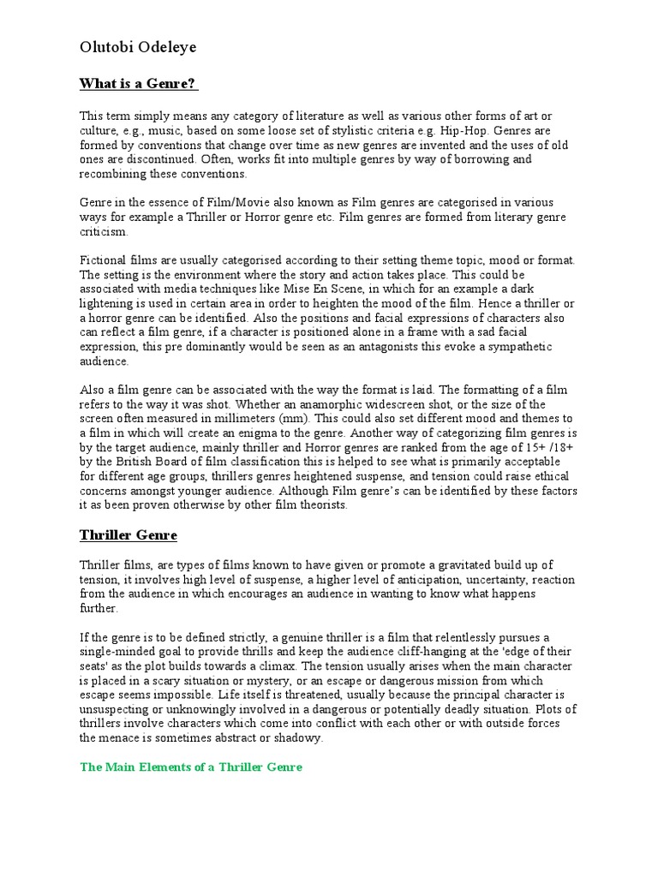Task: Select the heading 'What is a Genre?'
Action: click(x=139, y=84)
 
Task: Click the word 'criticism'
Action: click(x=103, y=231)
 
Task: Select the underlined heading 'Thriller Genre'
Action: click(x=129, y=535)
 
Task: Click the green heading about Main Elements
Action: click(x=191, y=767)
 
